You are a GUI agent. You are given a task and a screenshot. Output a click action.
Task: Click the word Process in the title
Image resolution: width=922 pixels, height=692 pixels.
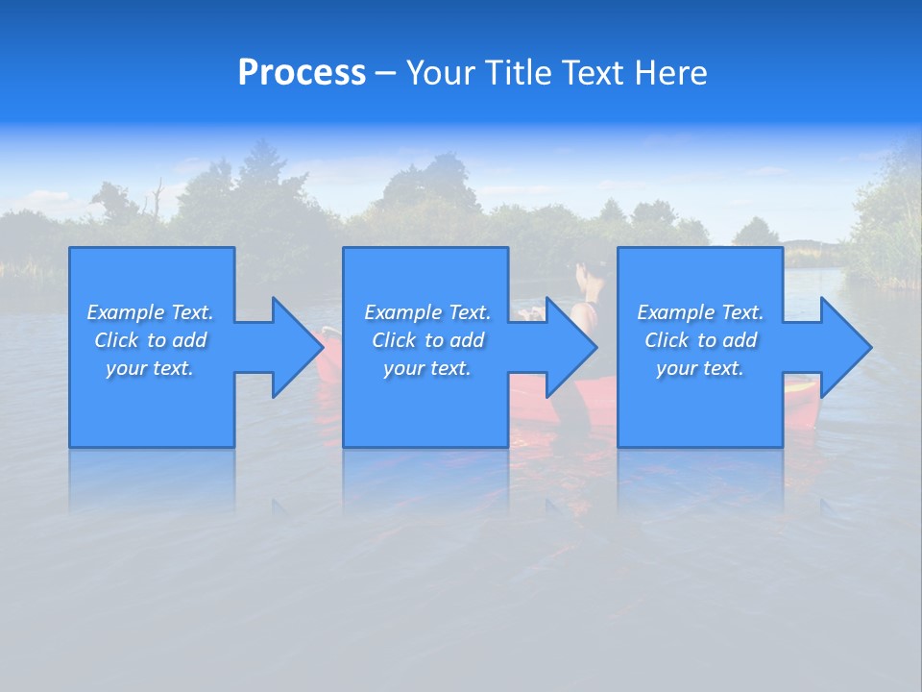(302, 73)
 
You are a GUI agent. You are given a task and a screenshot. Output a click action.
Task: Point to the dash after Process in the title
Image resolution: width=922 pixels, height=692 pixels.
(385, 74)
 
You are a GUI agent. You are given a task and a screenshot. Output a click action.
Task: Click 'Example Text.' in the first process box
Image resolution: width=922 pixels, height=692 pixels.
(150, 312)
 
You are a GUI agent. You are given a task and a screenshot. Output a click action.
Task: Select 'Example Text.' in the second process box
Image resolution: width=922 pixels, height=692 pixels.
(427, 312)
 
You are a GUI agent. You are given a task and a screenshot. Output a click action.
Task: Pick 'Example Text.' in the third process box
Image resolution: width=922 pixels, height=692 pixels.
(700, 312)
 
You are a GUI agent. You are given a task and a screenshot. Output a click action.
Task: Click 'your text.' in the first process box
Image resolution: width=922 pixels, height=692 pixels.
(150, 368)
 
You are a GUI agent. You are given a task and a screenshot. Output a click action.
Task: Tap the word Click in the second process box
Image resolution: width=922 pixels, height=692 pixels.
(393, 340)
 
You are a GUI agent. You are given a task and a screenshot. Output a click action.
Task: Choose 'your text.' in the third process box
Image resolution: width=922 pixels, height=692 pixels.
(700, 368)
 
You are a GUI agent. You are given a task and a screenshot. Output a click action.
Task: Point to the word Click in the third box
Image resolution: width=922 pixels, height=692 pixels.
(667, 340)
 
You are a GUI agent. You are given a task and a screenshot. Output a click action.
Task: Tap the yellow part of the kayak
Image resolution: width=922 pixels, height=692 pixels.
(799, 387)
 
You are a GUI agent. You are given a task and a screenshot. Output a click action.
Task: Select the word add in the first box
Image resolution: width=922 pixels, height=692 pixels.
(192, 340)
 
